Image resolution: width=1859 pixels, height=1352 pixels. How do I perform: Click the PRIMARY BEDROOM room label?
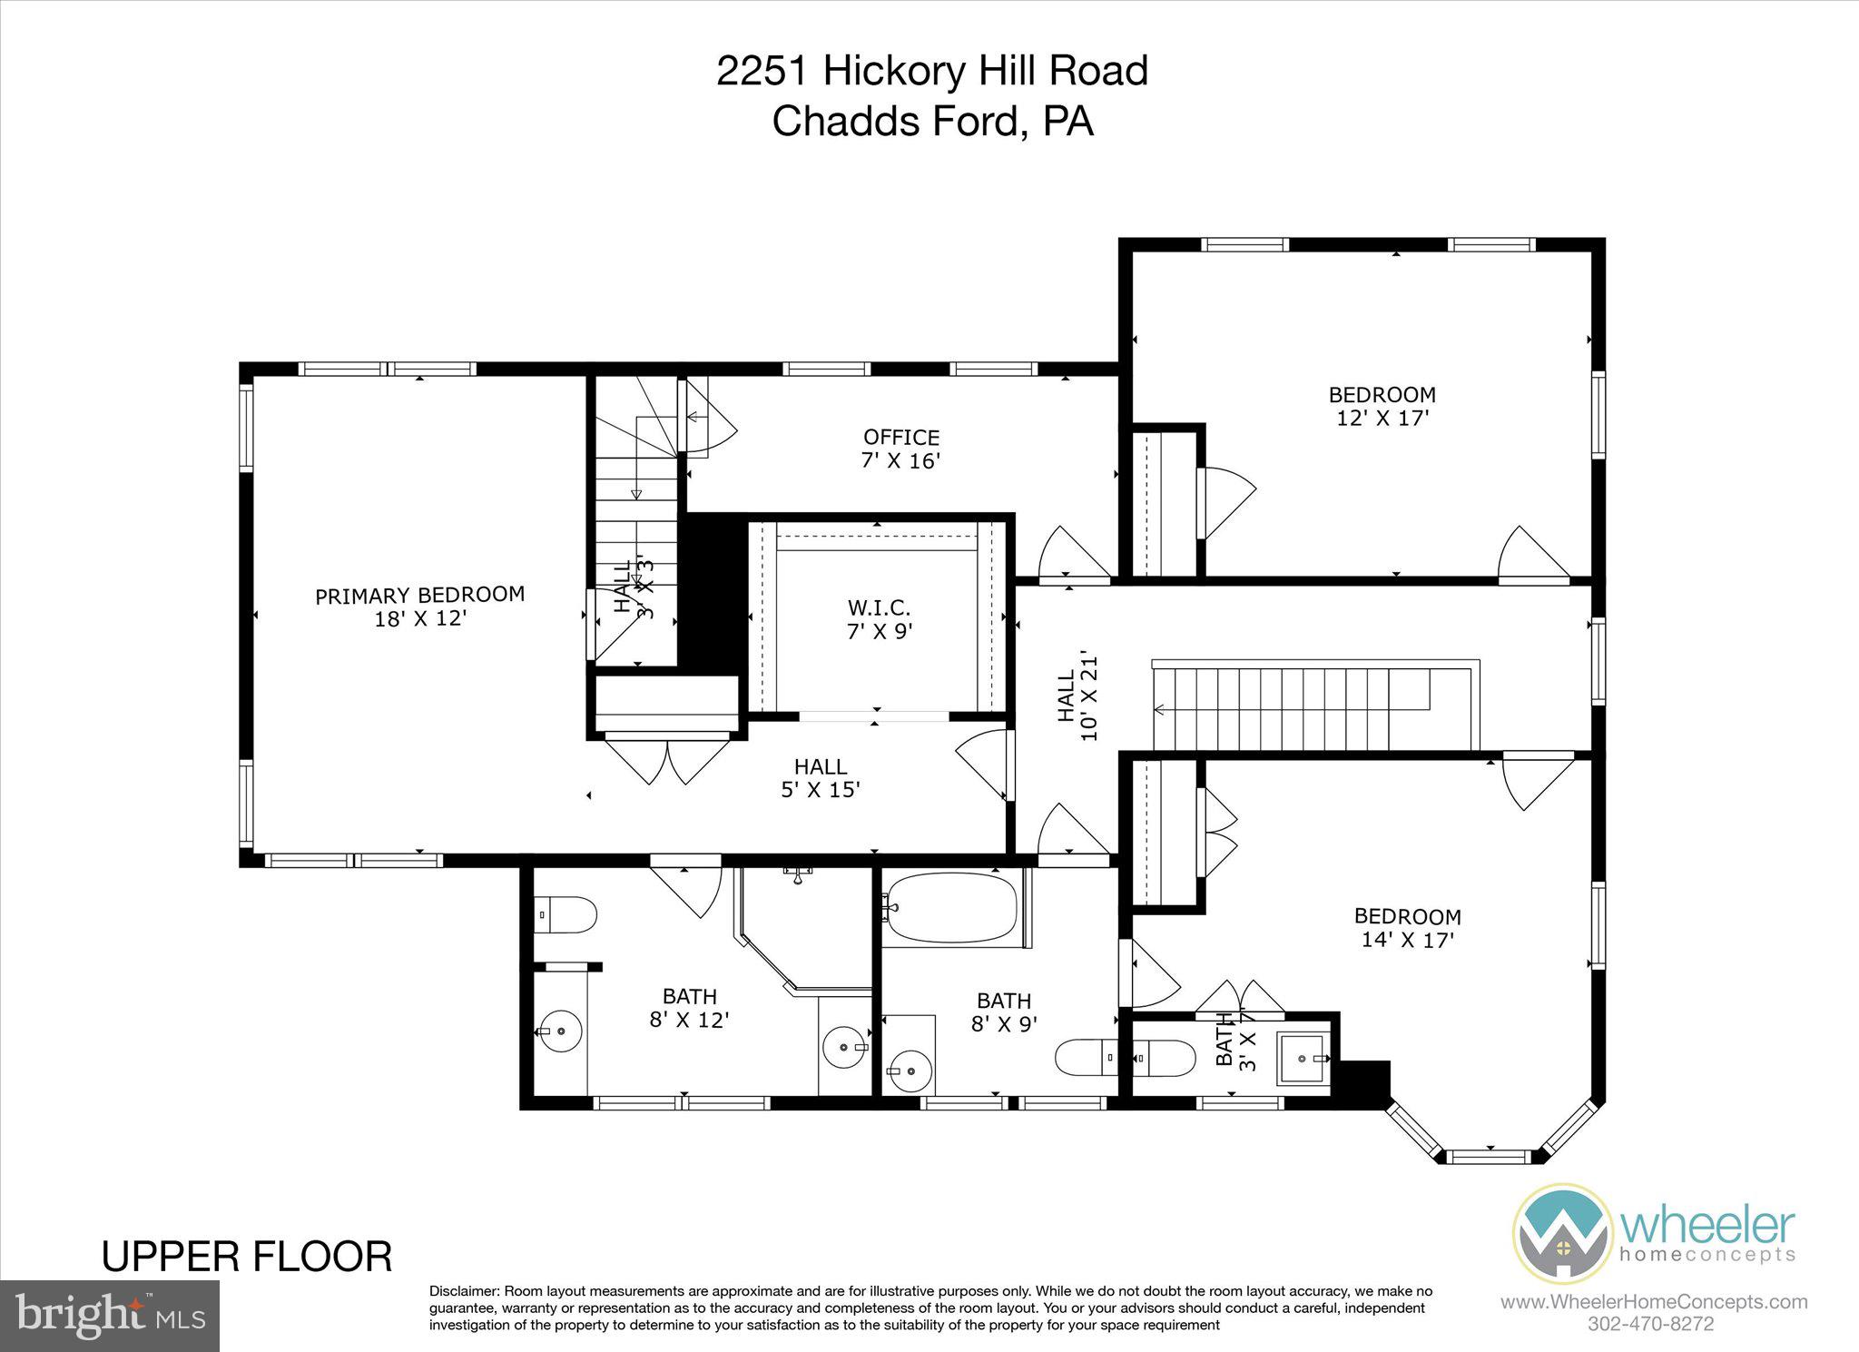[419, 607]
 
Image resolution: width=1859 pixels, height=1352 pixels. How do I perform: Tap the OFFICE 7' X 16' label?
[900, 449]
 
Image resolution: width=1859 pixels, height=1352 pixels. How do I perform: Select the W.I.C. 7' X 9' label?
[879, 618]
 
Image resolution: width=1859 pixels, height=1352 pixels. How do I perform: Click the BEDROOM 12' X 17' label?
[1382, 406]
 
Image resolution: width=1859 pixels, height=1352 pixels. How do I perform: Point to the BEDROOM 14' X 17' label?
[1408, 928]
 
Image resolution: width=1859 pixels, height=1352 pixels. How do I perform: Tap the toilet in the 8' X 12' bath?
[567, 914]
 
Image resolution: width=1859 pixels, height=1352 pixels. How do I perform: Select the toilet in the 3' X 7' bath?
[1163, 1058]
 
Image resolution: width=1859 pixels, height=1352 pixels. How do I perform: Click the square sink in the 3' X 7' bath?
[1304, 1058]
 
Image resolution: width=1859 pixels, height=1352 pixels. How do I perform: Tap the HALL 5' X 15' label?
[821, 778]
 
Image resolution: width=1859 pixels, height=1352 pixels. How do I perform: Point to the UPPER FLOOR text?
[247, 1257]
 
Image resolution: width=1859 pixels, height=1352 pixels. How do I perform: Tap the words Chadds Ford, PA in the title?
[932, 121]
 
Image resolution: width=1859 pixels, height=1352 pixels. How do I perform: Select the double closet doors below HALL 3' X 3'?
[667, 761]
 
